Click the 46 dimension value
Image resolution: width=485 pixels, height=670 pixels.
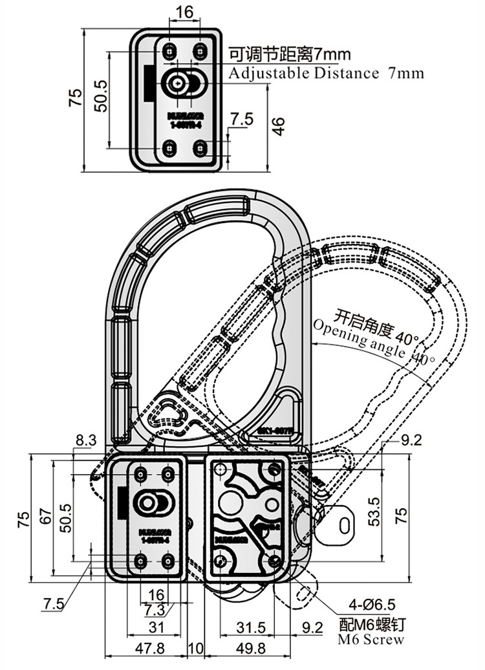279,126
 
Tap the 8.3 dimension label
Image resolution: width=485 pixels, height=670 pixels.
86,440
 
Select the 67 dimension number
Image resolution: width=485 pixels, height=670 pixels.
45,516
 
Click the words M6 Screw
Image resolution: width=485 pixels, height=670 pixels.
371,640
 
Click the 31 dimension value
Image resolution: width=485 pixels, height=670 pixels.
156,627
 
